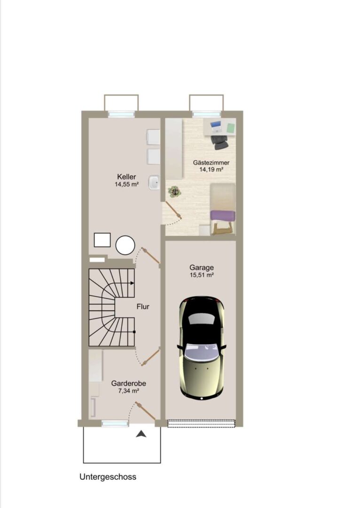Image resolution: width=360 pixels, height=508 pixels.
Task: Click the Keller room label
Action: (126, 177)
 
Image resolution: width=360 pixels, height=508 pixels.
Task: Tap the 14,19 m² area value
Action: (211, 169)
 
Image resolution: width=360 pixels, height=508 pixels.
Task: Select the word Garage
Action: (202, 268)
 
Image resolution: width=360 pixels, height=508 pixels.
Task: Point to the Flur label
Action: (143, 307)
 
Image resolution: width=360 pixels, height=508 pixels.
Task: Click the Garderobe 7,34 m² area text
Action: (128, 391)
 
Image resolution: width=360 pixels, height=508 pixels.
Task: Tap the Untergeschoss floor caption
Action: (108, 477)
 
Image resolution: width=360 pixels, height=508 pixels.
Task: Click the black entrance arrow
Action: (141, 434)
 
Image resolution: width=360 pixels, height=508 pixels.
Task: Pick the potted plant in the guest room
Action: (174, 192)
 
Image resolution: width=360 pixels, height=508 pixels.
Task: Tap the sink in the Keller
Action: (154, 183)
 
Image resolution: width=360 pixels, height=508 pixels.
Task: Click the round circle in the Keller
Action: (125, 246)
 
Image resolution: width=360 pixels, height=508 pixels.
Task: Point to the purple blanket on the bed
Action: (223, 216)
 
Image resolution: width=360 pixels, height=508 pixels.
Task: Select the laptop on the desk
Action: (216, 127)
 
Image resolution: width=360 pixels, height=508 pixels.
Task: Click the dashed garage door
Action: (201, 423)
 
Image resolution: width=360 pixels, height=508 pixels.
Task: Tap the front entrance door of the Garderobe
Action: (146, 412)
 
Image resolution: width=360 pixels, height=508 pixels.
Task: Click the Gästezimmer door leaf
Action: (173, 210)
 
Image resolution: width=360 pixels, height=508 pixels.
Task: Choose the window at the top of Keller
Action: (121, 114)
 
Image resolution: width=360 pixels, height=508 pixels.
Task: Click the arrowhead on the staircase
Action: (132, 283)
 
